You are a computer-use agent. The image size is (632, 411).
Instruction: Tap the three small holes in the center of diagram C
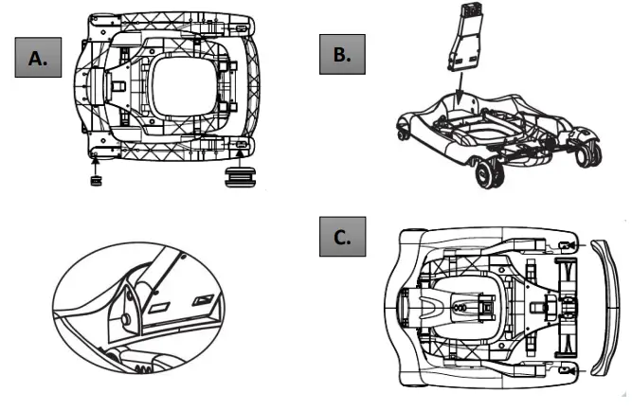coord(461,306)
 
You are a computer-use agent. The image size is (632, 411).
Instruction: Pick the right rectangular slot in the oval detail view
coord(200,301)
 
